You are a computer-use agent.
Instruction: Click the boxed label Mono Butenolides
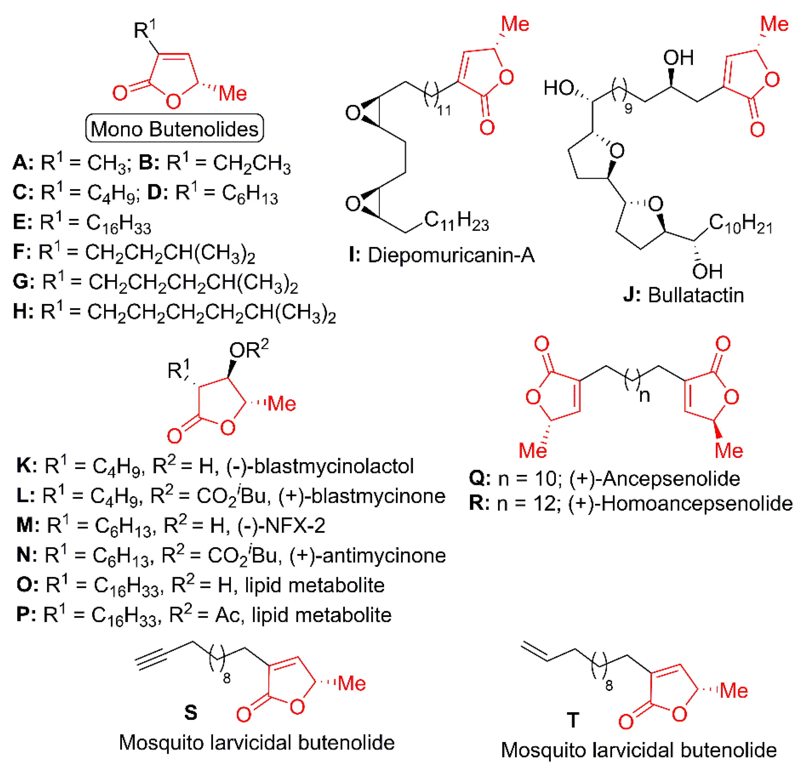pyautogui.click(x=174, y=129)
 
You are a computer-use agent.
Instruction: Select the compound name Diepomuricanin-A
pyautogui.click(x=451, y=255)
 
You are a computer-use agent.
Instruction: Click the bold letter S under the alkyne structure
pyautogui.click(x=191, y=713)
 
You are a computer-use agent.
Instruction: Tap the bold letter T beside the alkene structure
pyautogui.click(x=573, y=720)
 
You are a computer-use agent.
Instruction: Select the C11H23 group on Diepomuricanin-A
pyautogui.click(x=457, y=221)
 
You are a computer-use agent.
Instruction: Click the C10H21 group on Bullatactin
pyautogui.click(x=740, y=224)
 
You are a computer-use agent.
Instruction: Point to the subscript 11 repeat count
pyautogui.click(x=444, y=110)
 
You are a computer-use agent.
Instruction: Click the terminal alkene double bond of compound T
pyautogui.click(x=534, y=653)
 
